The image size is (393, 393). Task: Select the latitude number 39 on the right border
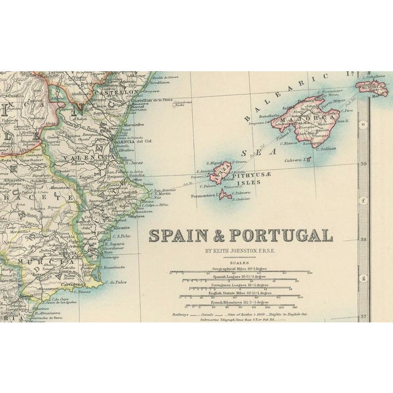(x=364, y=164)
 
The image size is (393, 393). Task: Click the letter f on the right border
(x=363, y=200)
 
